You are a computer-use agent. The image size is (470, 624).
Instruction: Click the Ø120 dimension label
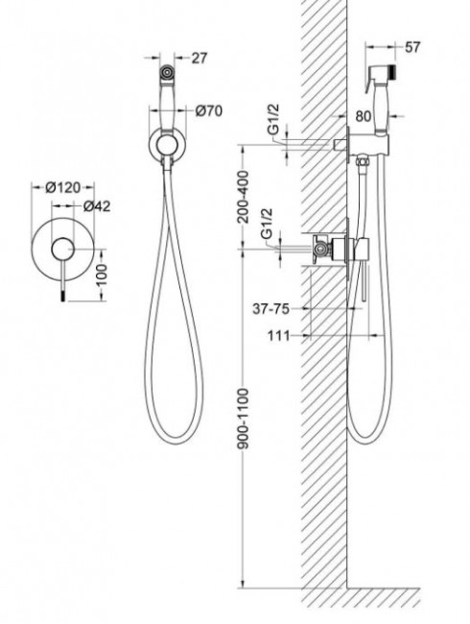point(62,187)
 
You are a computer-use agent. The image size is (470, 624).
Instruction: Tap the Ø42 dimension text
point(97,206)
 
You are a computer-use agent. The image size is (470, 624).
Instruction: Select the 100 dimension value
point(102,275)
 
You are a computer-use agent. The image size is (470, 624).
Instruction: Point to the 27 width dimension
point(200,59)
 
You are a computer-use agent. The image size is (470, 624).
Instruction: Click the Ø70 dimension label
point(209,111)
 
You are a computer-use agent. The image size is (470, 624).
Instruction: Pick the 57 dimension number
point(412,47)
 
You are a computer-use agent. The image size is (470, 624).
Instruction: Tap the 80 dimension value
point(364,116)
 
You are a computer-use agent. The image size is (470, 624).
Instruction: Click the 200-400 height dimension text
point(243,197)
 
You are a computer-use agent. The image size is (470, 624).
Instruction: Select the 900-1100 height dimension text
point(243,420)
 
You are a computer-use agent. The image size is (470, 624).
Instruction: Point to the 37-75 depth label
point(270,308)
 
